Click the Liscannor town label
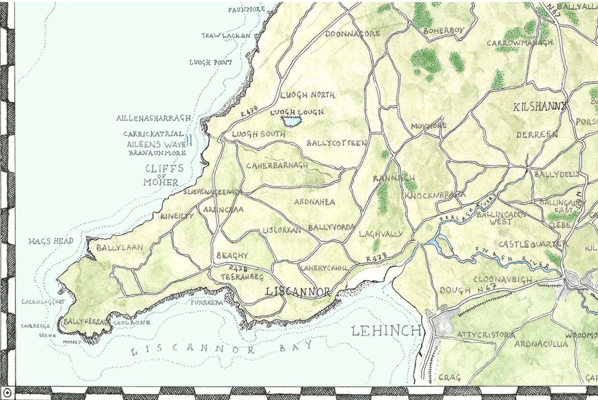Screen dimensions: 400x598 297,292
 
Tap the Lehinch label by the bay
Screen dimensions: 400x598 386,331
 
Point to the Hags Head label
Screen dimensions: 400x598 51,241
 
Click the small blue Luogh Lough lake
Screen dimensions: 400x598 293,122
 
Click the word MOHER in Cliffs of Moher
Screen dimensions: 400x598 161,183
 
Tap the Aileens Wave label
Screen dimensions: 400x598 156,144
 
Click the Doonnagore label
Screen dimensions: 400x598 352,34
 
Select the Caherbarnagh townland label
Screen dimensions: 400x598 277,166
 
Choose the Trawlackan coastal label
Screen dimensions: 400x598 226,36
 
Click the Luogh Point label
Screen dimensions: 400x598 211,62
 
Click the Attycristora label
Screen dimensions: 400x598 486,335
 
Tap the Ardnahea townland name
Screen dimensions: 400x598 314,202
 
